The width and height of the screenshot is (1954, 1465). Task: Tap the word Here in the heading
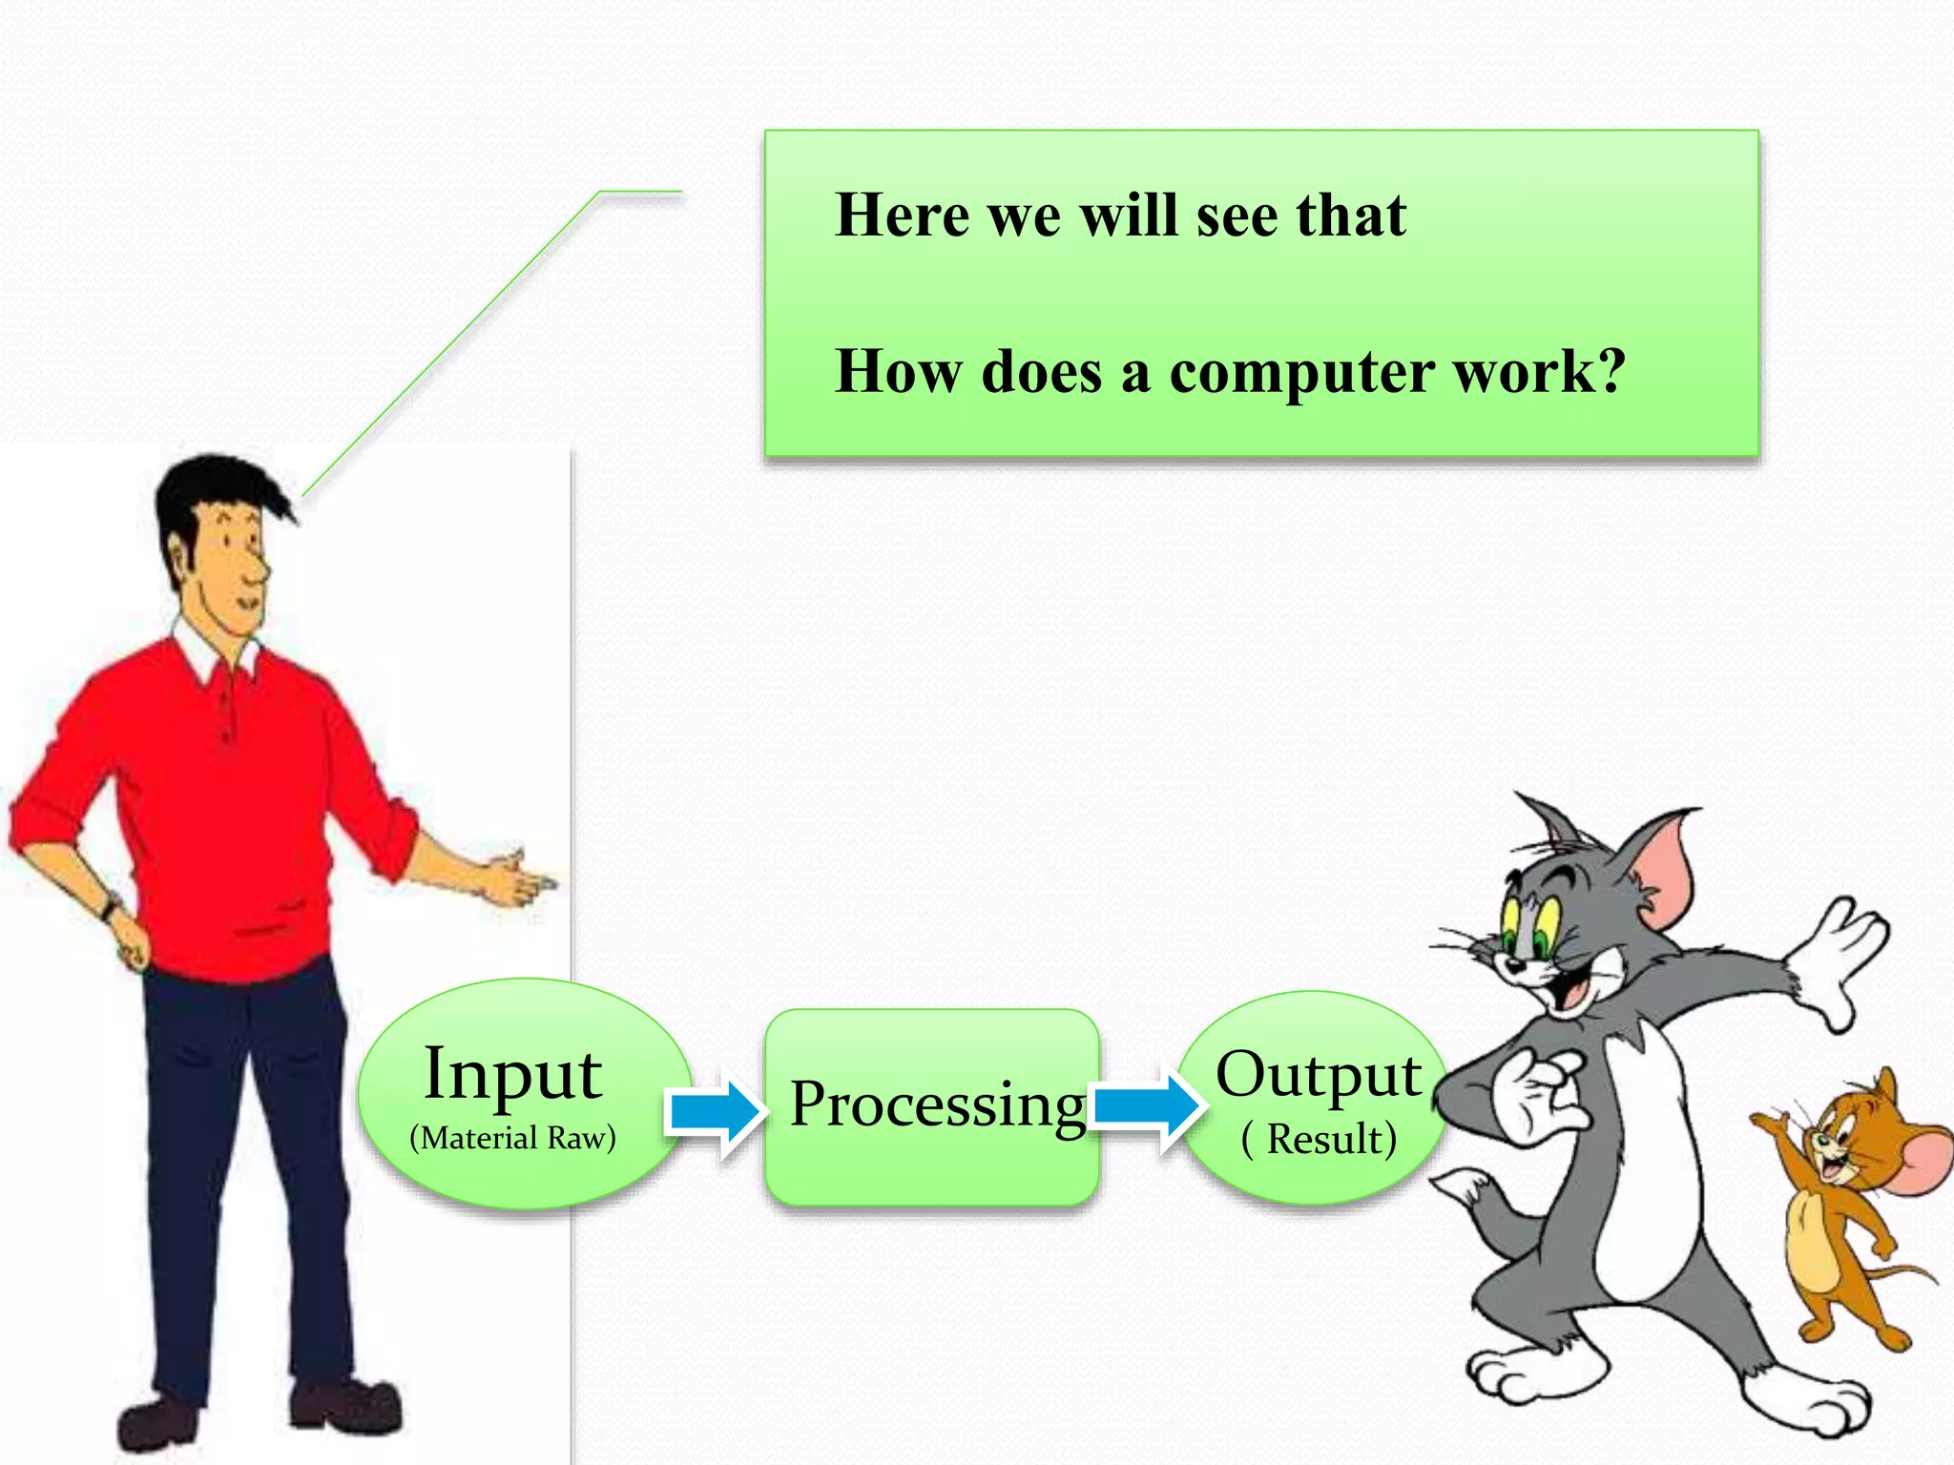coord(902,215)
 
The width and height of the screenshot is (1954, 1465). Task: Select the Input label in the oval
coord(512,1075)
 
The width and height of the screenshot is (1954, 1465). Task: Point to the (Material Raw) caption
coord(512,1138)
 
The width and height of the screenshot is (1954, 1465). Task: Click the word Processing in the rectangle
coord(938,1104)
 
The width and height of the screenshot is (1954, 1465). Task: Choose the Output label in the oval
coord(1319,1075)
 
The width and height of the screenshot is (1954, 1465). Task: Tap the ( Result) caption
coord(1319,1139)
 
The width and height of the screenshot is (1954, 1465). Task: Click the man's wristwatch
coord(113,905)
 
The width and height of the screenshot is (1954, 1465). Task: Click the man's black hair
coord(215,486)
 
